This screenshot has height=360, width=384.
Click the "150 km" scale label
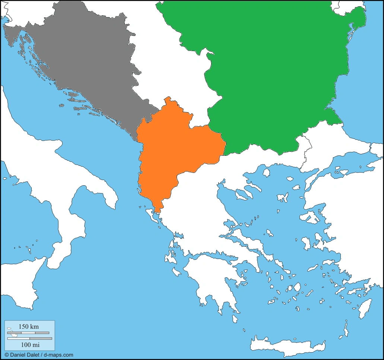coord(28,326)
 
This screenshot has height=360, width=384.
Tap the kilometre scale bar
coord(28,332)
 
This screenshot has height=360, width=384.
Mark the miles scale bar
coord(29,338)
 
